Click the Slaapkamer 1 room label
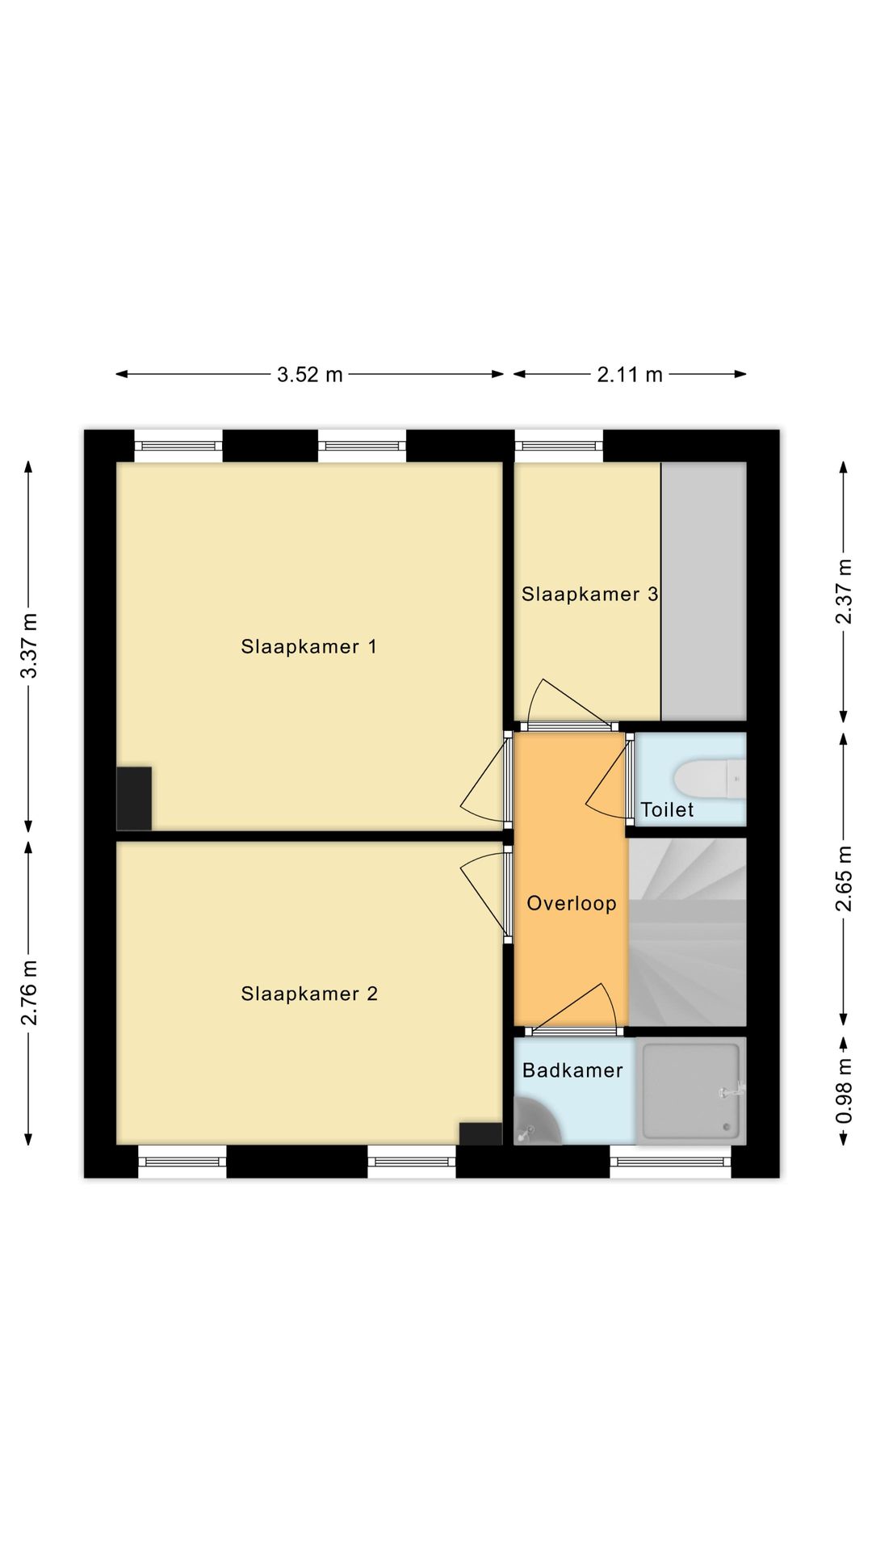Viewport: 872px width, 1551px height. click(308, 646)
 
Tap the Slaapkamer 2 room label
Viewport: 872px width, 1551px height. click(309, 994)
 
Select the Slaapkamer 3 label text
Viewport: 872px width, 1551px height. click(589, 595)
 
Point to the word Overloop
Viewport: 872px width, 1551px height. click(572, 904)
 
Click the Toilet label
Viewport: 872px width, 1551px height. click(667, 809)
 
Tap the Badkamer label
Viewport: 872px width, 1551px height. click(572, 1070)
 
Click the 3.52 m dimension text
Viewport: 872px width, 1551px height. click(310, 375)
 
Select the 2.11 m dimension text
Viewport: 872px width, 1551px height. click(630, 375)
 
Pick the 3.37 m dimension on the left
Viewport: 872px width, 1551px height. click(29, 646)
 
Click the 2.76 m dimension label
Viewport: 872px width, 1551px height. click(29, 993)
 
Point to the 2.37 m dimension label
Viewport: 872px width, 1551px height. click(843, 591)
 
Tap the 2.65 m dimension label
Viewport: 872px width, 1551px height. click(843, 879)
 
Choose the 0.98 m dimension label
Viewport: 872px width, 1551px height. click(843, 1091)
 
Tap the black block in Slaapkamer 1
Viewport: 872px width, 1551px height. click(134, 798)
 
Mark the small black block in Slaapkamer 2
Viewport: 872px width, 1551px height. click(480, 1133)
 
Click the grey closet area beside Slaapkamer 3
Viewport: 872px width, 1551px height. click(703, 591)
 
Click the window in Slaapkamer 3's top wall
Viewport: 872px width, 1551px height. click(559, 445)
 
